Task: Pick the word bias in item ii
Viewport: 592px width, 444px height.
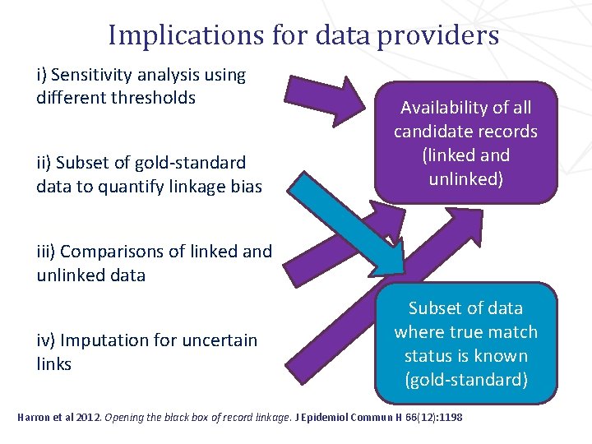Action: (x=246, y=187)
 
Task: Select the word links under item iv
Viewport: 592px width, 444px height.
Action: (x=53, y=363)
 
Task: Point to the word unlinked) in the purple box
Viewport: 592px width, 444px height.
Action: (x=465, y=178)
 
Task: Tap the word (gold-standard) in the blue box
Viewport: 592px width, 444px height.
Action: (x=465, y=380)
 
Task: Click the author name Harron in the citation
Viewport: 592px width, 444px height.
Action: (x=35, y=418)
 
